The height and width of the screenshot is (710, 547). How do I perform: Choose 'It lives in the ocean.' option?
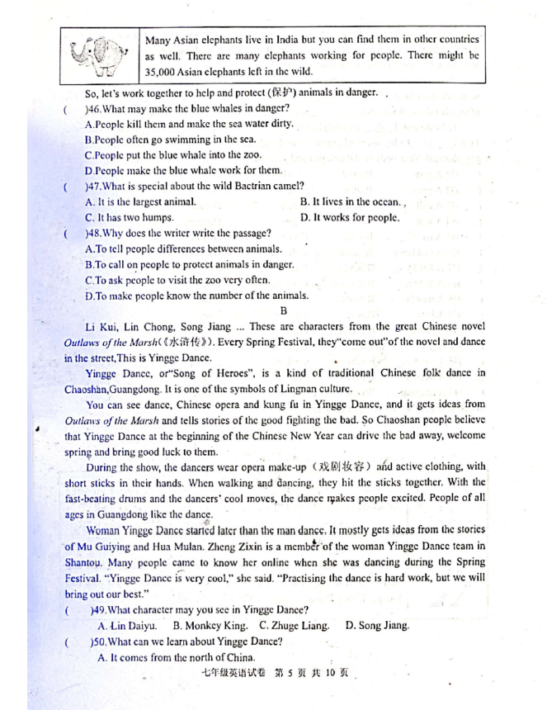click(x=351, y=202)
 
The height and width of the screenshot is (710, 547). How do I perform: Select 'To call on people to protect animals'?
click(x=189, y=265)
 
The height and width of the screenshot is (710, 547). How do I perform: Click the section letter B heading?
click(x=282, y=311)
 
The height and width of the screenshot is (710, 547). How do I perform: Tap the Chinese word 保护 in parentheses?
click(x=277, y=92)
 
